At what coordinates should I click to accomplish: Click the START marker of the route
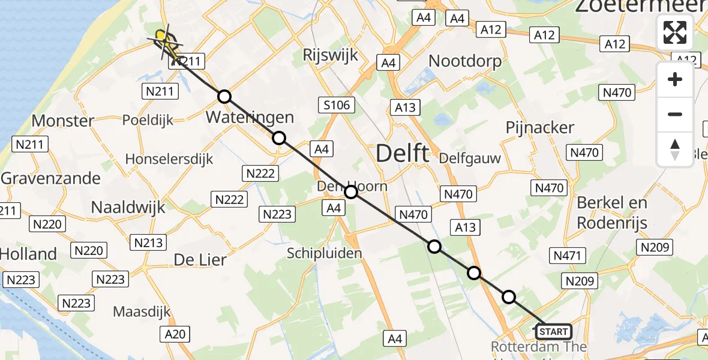(553, 332)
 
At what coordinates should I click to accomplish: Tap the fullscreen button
(675, 32)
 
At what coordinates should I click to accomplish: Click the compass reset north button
(675, 149)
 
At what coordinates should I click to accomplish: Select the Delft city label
(403, 154)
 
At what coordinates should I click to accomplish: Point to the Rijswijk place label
(330, 56)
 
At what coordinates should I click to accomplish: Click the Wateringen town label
(250, 117)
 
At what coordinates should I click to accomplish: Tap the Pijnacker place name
(540, 127)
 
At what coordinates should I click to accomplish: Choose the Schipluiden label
(325, 253)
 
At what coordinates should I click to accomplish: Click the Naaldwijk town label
(128, 208)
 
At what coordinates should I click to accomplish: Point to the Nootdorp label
(466, 61)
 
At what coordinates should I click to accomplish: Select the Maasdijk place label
(142, 312)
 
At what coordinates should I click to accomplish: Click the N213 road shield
(149, 242)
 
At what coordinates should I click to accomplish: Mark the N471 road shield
(567, 256)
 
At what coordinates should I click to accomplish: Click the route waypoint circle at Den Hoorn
(351, 192)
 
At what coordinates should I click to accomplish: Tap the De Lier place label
(200, 260)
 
